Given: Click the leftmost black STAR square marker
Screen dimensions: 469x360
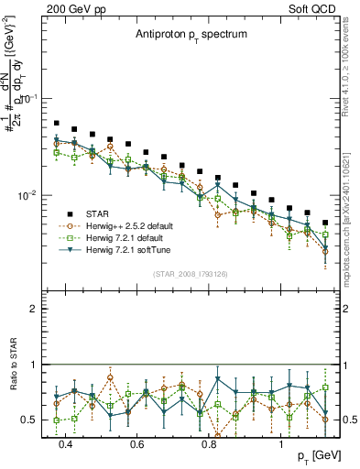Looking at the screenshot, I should (57, 123).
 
